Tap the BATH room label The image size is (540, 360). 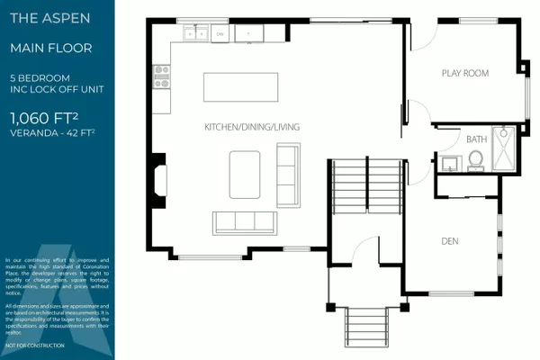click(x=477, y=139)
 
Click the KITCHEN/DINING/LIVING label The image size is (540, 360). click(x=251, y=127)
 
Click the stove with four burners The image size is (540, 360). click(x=162, y=76)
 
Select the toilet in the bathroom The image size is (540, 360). click(x=476, y=160)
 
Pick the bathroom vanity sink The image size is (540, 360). click(x=449, y=163)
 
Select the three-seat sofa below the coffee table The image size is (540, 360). click(x=244, y=221)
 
